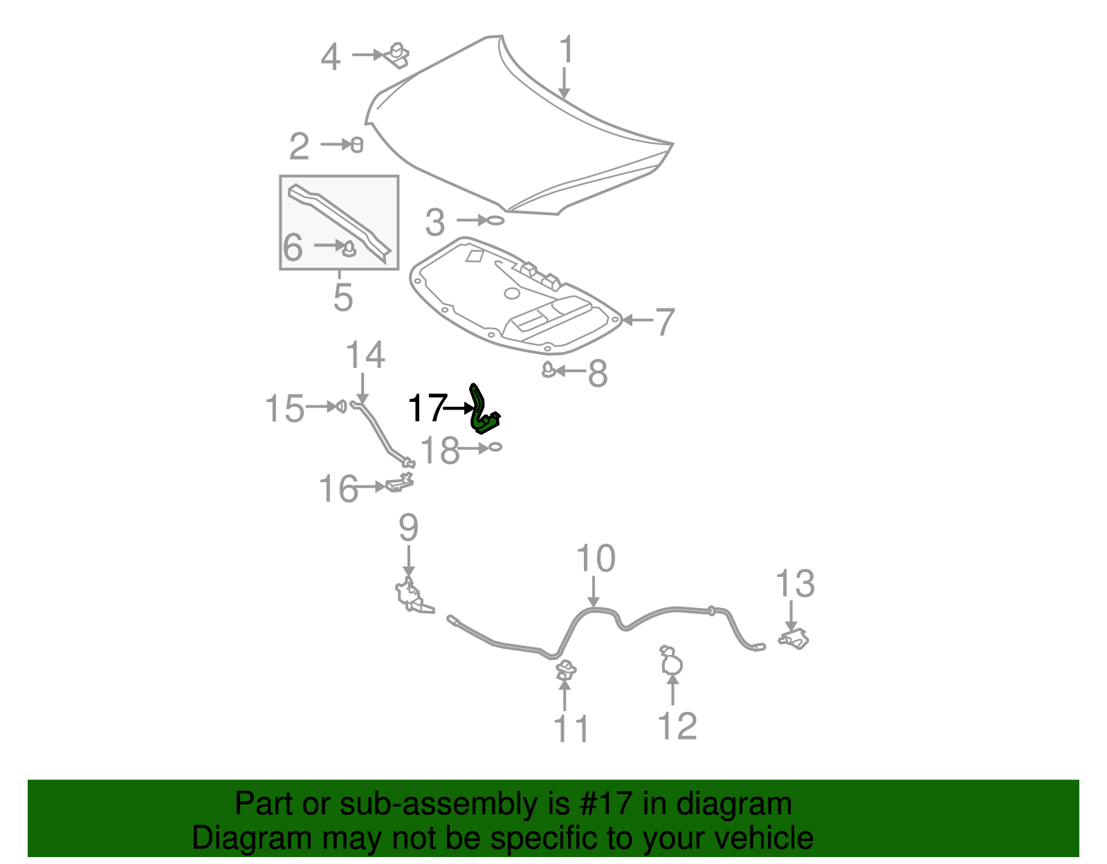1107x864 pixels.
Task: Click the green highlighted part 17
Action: [x=483, y=412]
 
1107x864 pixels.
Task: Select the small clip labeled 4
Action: [x=397, y=55]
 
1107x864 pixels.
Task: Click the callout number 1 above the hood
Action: [x=566, y=50]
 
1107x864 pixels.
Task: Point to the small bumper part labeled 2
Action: [x=357, y=145]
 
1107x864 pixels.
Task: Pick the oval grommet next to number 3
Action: [x=495, y=220]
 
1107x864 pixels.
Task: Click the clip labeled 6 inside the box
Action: [x=349, y=248]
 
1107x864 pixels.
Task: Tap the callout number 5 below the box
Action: [x=343, y=297]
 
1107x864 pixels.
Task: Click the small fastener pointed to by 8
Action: [x=548, y=371]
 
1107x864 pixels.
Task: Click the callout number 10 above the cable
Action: [x=596, y=559]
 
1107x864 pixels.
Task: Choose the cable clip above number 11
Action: [x=566, y=670]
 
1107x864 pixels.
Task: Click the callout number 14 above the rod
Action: [x=365, y=356]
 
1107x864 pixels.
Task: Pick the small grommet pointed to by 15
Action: [x=341, y=406]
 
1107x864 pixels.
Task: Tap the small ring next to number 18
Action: [x=495, y=448]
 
